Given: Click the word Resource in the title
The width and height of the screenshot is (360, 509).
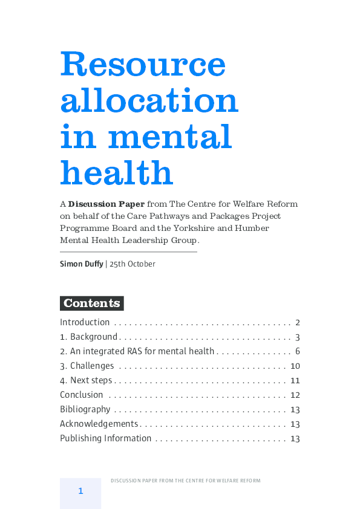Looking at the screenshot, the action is tap(143, 63).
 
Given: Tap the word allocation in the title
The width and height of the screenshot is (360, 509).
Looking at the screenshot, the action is tap(149, 100).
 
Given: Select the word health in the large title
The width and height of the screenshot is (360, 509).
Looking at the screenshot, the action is tap(117, 172).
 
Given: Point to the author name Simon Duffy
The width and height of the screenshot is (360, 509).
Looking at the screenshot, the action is tap(81, 264).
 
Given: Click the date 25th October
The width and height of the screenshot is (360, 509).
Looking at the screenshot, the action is tap(133, 264).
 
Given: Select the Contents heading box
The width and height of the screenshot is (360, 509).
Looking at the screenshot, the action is tap(92, 303).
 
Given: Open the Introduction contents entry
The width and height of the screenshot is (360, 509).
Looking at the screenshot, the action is tap(85, 322).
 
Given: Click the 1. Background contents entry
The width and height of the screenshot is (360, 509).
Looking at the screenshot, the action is tap(88, 337).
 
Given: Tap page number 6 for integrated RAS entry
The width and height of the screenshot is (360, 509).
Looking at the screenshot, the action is tap(298, 351).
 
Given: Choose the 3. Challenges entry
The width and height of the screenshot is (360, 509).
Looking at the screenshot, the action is tap(87, 366).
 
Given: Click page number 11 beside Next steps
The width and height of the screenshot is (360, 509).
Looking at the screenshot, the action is tap(295, 380).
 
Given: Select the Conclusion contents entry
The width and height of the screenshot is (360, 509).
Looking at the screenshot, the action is tap(82, 395).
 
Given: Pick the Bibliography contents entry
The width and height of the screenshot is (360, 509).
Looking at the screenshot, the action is tap(85, 409).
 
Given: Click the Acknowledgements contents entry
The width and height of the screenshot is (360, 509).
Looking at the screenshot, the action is tap(99, 424).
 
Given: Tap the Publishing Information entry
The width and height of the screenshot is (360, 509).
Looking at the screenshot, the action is tap(105, 438).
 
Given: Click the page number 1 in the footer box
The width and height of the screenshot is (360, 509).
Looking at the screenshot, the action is tap(80, 491).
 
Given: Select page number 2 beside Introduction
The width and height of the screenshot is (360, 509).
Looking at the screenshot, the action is tap(298, 322).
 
